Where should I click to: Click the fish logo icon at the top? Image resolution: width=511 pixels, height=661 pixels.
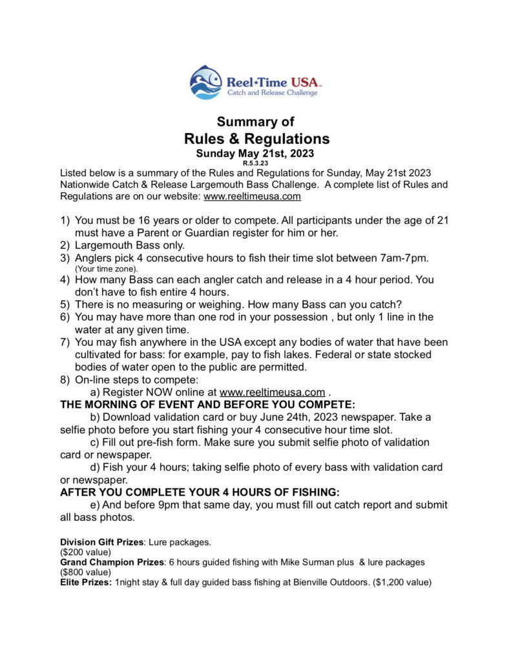click(206, 83)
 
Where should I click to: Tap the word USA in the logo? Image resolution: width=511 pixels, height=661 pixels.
click(302, 82)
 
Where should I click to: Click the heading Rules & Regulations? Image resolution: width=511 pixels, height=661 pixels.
click(256, 139)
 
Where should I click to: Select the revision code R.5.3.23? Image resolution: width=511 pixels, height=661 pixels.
click(256, 163)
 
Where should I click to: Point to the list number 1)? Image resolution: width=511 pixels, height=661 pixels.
click(65, 221)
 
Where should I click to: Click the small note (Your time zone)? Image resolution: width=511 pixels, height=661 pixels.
click(107, 269)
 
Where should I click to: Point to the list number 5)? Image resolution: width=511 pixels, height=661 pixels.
click(65, 305)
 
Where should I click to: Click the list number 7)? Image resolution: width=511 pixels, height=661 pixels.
click(65, 342)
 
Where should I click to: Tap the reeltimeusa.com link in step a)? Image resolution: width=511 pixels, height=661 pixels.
click(272, 392)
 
